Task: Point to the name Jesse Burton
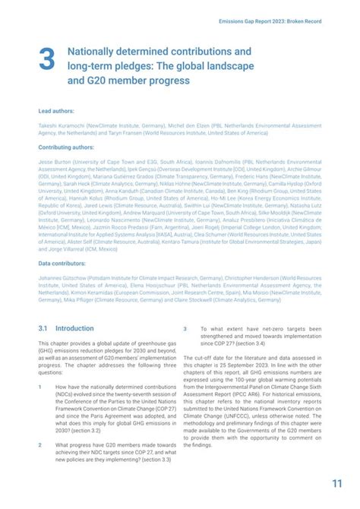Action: point(54,162)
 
